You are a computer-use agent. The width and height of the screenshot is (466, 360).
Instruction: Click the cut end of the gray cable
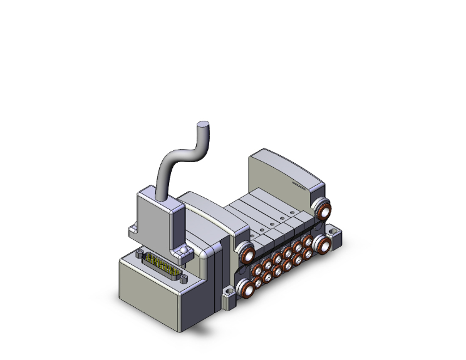(x=203, y=125)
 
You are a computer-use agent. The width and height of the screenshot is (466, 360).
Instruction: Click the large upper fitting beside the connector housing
(x=245, y=254)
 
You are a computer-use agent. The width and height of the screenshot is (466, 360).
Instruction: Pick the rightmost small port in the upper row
(x=307, y=240)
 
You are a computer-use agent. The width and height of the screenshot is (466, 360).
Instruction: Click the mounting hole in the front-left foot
(x=225, y=292)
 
